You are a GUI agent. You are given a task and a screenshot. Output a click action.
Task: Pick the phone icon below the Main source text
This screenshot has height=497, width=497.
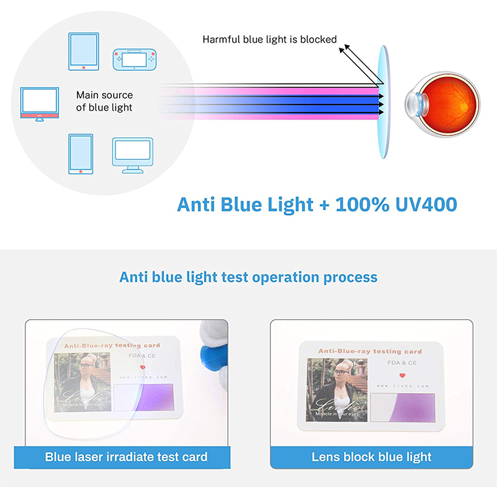[x=80, y=154]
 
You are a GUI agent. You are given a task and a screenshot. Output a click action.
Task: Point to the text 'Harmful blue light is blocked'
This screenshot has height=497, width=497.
[x=269, y=40]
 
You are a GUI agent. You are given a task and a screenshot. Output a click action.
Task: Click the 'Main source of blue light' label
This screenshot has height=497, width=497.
[x=104, y=101]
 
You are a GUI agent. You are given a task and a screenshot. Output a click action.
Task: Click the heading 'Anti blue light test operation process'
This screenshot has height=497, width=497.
[x=248, y=277]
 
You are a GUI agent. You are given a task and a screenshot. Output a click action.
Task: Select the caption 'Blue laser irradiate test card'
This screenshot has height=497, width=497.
[x=126, y=457]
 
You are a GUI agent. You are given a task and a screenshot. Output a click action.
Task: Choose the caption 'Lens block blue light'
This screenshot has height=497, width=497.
[x=371, y=457]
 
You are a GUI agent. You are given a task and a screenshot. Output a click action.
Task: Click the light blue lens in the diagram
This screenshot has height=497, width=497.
[x=382, y=101]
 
